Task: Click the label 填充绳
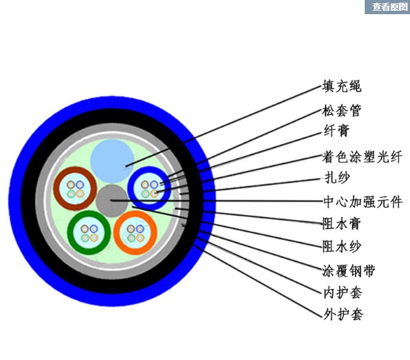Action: pyautogui.click(x=342, y=86)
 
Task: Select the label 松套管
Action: pyautogui.click(x=342, y=111)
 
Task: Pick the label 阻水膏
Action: pyautogui.click(x=342, y=222)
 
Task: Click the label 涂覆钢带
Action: pyautogui.click(x=348, y=271)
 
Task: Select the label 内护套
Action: pyautogui.click(x=342, y=292)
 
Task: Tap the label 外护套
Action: pyautogui.click(x=342, y=314)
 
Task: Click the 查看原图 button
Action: pyautogui.click(x=386, y=7)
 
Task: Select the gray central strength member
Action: pyautogui.click(x=110, y=201)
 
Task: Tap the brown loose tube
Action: pyautogui.click(x=75, y=188)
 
